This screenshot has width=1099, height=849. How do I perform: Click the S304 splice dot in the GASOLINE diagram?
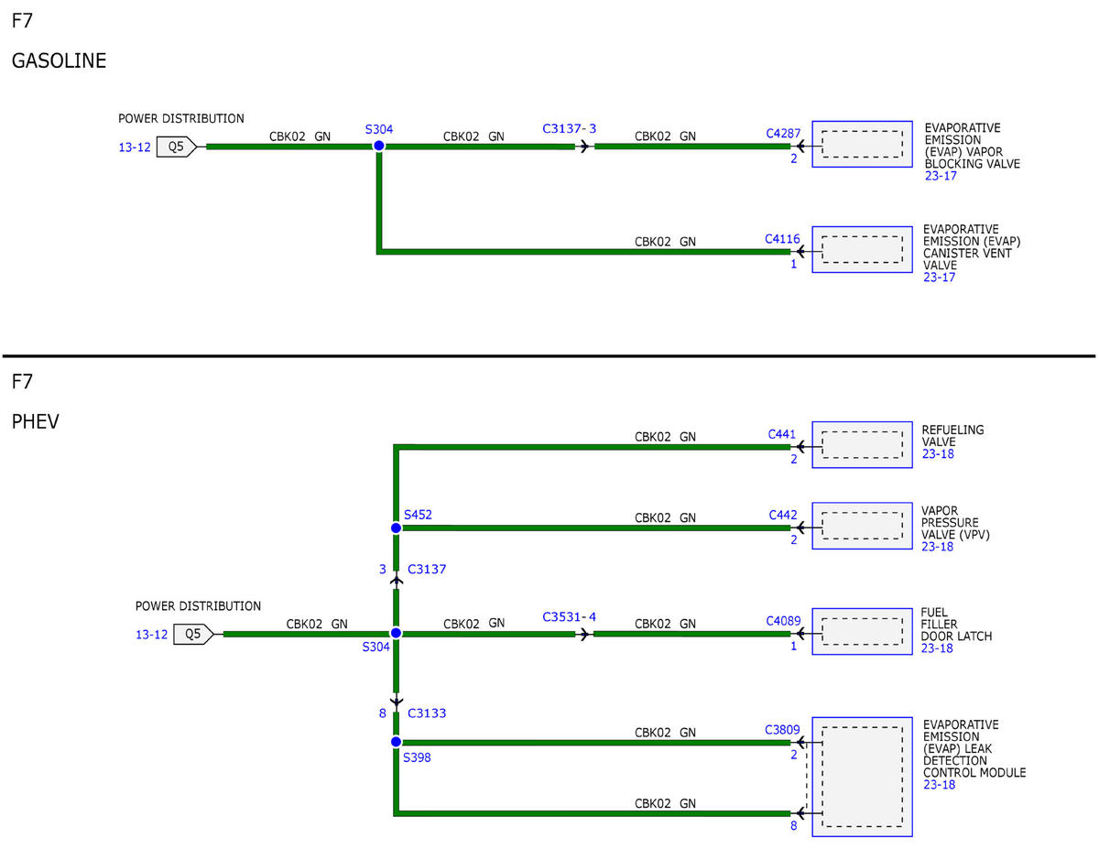tap(378, 147)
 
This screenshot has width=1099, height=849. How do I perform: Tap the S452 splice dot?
tap(396, 528)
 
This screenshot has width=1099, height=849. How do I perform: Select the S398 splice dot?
tap(396, 742)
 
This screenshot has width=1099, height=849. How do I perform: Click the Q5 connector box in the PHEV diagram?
tap(193, 634)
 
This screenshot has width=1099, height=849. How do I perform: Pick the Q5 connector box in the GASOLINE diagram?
tap(176, 147)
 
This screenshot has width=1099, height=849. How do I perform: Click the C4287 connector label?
tap(783, 134)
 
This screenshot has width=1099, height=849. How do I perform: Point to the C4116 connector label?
tap(782, 239)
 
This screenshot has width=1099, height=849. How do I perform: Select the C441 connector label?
tap(781, 434)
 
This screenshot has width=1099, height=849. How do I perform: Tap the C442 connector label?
tap(782, 515)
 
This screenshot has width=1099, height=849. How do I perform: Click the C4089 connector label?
tap(783, 621)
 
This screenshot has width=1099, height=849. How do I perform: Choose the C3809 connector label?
tap(782, 730)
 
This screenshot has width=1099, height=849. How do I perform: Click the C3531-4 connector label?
tap(569, 617)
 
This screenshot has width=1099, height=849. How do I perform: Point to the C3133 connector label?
tap(427, 713)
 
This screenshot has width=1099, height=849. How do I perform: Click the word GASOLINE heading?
tap(59, 60)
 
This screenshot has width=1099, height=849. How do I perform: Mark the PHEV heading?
tap(36, 421)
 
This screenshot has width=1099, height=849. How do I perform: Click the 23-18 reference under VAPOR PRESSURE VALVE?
tap(937, 547)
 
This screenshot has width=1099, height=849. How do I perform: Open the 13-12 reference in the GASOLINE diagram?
tap(135, 147)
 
